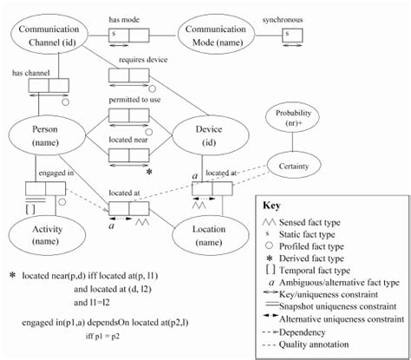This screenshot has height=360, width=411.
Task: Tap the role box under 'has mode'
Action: [128, 35]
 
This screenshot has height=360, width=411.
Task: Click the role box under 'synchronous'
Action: [290, 35]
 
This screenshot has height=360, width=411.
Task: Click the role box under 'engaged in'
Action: [40, 187]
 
